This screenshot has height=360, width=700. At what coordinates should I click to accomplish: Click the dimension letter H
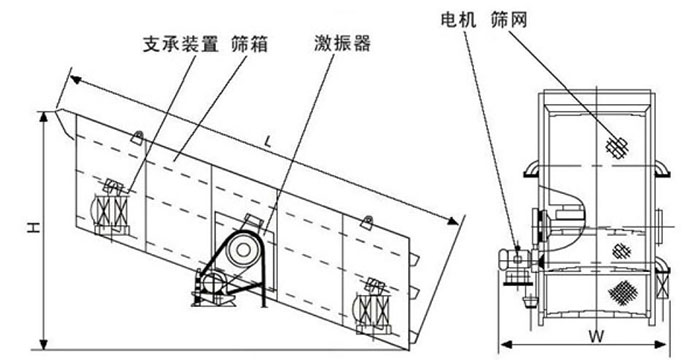tap(33, 230)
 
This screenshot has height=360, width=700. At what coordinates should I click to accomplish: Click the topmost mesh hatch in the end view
tap(617, 147)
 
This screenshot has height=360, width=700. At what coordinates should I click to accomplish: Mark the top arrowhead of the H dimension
tap(45, 113)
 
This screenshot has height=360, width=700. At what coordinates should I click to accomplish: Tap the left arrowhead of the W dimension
tap(502, 337)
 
